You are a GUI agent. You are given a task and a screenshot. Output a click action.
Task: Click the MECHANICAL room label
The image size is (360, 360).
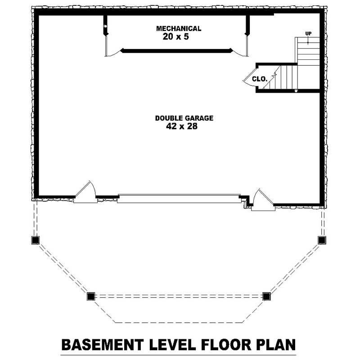179,29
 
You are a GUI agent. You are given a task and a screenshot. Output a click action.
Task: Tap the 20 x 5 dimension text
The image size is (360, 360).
175,37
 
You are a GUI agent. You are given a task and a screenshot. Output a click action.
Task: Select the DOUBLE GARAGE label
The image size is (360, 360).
184,118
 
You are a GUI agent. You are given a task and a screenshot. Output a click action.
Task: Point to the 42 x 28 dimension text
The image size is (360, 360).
182,127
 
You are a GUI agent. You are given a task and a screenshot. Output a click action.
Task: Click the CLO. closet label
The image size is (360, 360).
260,79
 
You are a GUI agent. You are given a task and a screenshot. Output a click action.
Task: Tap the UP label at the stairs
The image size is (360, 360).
308,33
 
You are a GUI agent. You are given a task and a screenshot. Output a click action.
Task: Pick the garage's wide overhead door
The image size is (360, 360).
179,198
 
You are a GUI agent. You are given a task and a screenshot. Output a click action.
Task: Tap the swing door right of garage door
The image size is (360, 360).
262,200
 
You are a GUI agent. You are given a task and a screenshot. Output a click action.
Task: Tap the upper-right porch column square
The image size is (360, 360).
322,240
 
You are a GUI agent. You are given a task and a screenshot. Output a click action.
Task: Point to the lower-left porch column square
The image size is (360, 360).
91,296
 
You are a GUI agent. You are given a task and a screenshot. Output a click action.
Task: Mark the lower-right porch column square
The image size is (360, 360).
266,296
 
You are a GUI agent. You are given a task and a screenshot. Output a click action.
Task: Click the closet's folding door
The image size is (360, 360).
249,79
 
